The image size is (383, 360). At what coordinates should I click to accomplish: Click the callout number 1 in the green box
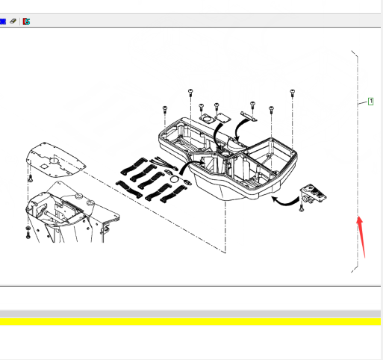coord(370,102)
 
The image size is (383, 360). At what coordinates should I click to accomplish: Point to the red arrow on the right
coord(361,236)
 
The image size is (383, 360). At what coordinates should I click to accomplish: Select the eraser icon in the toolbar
coord(13,21)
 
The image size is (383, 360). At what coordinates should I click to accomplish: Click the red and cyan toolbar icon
coord(26,22)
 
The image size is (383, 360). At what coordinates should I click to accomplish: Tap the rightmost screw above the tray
coord(293,93)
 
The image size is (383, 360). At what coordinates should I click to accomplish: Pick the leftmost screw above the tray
coord(165,110)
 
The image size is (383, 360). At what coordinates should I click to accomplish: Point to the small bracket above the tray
coord(249,117)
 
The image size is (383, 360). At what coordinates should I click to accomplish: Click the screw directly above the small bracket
coord(252,105)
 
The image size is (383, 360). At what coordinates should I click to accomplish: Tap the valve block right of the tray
coord(313,193)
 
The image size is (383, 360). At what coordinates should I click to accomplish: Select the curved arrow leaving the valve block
coord(284,202)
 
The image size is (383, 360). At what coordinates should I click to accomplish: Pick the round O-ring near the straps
coord(175,179)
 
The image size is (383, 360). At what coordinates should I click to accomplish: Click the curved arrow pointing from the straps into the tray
coord(191,166)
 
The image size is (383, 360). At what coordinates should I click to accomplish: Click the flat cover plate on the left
coord(56,160)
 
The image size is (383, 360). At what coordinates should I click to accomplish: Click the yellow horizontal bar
coord(190,321)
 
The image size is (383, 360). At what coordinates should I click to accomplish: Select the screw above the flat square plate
coord(217,106)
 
